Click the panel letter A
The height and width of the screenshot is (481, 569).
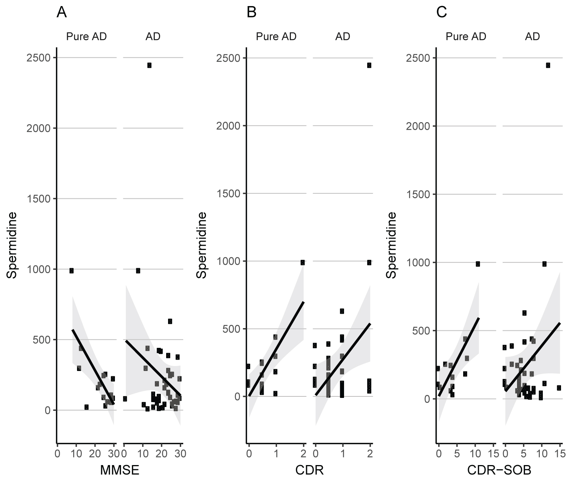[x=62, y=13]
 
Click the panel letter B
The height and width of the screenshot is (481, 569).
[x=251, y=13]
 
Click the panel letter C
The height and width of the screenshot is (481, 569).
[x=442, y=13]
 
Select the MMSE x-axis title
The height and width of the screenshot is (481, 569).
[x=119, y=470]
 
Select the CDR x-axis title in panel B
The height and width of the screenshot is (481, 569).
[x=309, y=470]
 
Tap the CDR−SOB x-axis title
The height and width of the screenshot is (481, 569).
[x=499, y=470]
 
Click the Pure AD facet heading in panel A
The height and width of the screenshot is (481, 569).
[x=86, y=36]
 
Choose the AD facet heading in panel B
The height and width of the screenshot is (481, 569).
[x=343, y=36]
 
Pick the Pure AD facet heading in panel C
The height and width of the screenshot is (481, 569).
[x=466, y=36]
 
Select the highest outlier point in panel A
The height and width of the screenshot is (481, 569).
[x=149, y=65]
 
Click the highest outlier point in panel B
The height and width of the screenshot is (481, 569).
[x=369, y=65]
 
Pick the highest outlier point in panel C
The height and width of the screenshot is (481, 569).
[x=548, y=65]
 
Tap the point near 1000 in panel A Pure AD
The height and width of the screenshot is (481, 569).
[x=71, y=270]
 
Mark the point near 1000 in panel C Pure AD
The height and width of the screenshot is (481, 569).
[x=478, y=264]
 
